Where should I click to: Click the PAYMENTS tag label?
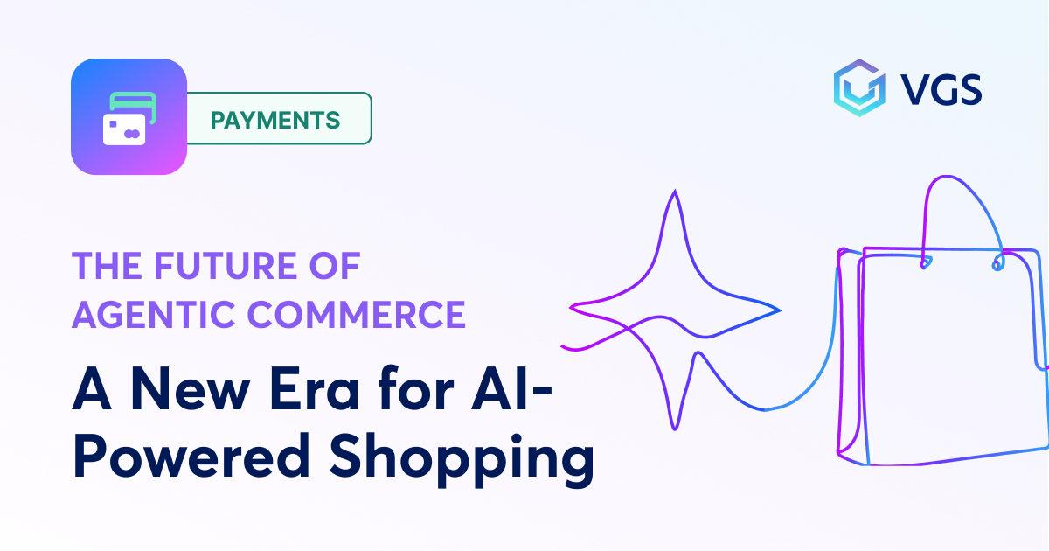(x=275, y=119)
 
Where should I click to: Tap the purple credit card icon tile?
(x=129, y=116)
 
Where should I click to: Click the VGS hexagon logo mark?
(x=858, y=88)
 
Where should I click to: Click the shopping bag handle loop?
(x=960, y=219)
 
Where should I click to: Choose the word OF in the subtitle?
(x=337, y=265)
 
